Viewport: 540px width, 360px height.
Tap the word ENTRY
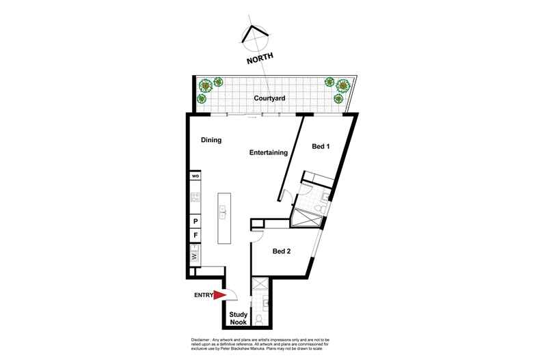click(x=203, y=296)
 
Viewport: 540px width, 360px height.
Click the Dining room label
click(x=211, y=140)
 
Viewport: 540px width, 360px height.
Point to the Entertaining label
click(x=267, y=153)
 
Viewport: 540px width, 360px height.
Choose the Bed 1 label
click(x=321, y=146)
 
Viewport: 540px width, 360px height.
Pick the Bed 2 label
click(x=282, y=251)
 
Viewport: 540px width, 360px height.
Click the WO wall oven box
click(x=195, y=176)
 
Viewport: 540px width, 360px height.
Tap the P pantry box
click(x=195, y=221)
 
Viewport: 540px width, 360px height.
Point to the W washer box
click(x=195, y=257)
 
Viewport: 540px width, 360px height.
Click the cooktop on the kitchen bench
click(x=195, y=198)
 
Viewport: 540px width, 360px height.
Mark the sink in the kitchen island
click(x=224, y=215)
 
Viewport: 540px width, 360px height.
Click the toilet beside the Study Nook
click(x=259, y=318)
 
